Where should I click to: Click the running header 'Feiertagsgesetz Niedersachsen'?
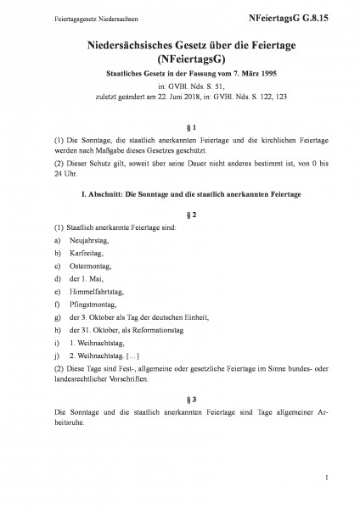(x=65, y=16)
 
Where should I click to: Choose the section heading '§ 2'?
(x=180, y=215)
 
